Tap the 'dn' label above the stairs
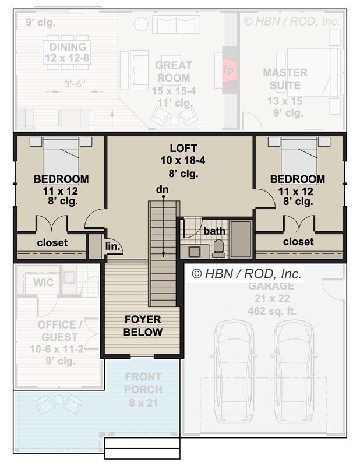163,189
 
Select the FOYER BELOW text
143,326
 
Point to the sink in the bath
195,251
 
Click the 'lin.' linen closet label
112,246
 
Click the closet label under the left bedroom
52,242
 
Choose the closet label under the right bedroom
298,241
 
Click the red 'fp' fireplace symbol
228,69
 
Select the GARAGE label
271,286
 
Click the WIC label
43,283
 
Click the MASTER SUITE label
285,79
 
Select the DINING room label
68,47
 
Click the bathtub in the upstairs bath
241,239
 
